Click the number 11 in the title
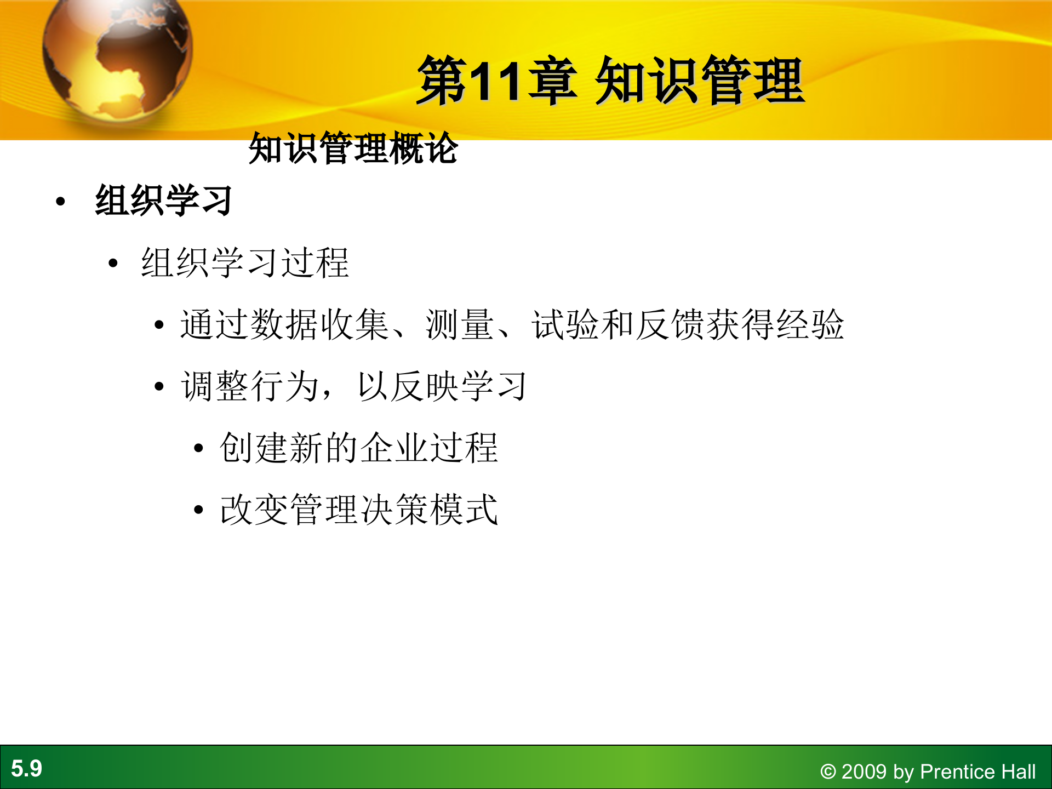(495, 82)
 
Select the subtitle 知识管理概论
(353, 148)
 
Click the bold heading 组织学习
(164, 201)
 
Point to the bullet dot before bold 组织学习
(61, 202)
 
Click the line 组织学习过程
(244, 263)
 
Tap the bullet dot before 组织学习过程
(113, 264)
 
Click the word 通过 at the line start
(215, 324)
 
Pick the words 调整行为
(250, 386)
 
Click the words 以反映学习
(442, 386)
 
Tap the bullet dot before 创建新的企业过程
(198, 449)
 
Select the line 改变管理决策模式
(359, 510)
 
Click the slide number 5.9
(26, 768)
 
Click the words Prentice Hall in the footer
(977, 771)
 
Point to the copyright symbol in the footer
(827, 772)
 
